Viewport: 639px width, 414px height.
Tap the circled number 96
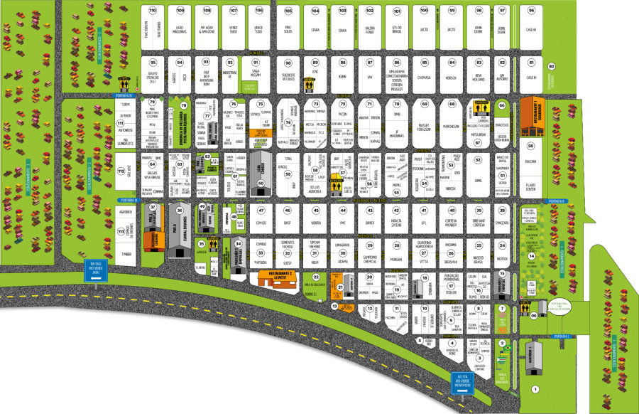[x=531, y=11]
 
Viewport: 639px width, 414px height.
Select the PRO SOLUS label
[x=288, y=31]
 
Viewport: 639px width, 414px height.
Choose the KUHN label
[x=342, y=76]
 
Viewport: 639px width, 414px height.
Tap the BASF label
[x=288, y=223]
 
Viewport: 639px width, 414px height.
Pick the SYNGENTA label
[x=502, y=223]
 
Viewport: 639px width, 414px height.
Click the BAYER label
[x=369, y=223]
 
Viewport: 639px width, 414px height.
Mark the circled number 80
[x=552, y=65]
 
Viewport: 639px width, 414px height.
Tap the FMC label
[x=342, y=223]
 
